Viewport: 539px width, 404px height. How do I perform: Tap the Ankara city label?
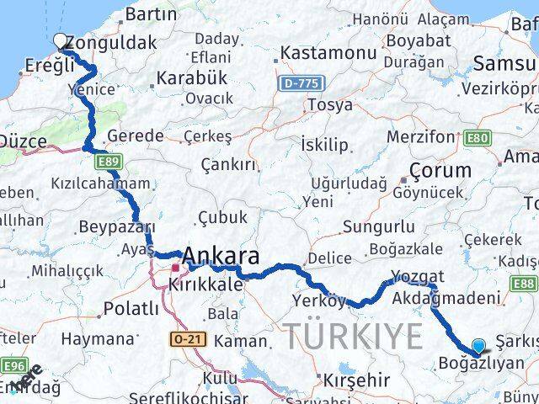[x=221, y=256]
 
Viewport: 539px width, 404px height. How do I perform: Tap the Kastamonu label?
[x=316, y=53]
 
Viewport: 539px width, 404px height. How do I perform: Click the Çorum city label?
[x=440, y=170]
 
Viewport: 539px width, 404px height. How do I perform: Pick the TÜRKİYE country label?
[x=352, y=336]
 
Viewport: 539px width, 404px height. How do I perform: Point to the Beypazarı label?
[x=116, y=227]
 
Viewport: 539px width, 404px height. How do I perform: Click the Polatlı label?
[x=130, y=309]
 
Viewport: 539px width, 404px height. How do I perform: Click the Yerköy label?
[x=319, y=300]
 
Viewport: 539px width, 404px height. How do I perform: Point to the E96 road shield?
[x=13, y=366]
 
